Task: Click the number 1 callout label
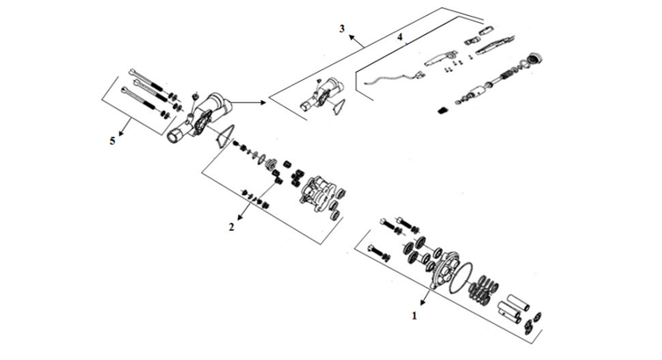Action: click(415, 311)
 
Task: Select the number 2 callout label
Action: click(232, 227)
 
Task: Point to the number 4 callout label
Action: click(399, 39)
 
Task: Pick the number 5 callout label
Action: click(112, 143)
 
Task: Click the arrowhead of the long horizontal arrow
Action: click(262, 103)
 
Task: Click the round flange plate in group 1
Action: click(443, 263)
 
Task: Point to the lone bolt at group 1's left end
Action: click(380, 255)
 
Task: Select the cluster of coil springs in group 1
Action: click(486, 289)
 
